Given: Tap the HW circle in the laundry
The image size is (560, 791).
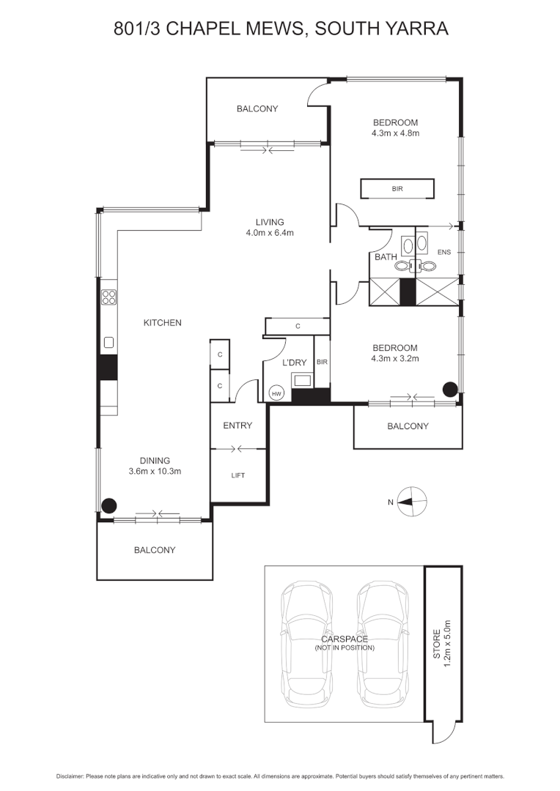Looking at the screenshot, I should click(276, 393).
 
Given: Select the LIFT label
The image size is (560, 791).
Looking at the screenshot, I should click(237, 475).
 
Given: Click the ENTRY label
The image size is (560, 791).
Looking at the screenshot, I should click(237, 426).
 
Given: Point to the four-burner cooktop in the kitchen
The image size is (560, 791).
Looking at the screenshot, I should click(108, 297).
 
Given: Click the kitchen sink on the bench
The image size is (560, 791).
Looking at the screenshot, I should click(108, 341).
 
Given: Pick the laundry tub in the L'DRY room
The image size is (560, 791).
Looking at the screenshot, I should click(301, 380).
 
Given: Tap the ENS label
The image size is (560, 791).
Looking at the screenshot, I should click(444, 253).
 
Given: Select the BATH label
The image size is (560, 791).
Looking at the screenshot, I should click(385, 257).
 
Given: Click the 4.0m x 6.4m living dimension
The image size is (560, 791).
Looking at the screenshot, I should click(270, 234).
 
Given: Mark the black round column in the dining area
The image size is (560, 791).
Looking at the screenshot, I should click(108, 504).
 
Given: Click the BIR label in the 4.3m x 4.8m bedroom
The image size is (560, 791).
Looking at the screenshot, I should click(397, 189).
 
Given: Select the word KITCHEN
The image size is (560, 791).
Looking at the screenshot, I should click(162, 323).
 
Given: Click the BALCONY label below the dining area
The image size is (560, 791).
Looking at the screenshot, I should click(154, 550).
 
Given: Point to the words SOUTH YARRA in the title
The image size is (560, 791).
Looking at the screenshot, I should click(380, 29).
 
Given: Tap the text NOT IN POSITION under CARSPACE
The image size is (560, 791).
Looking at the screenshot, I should click(345, 648).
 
